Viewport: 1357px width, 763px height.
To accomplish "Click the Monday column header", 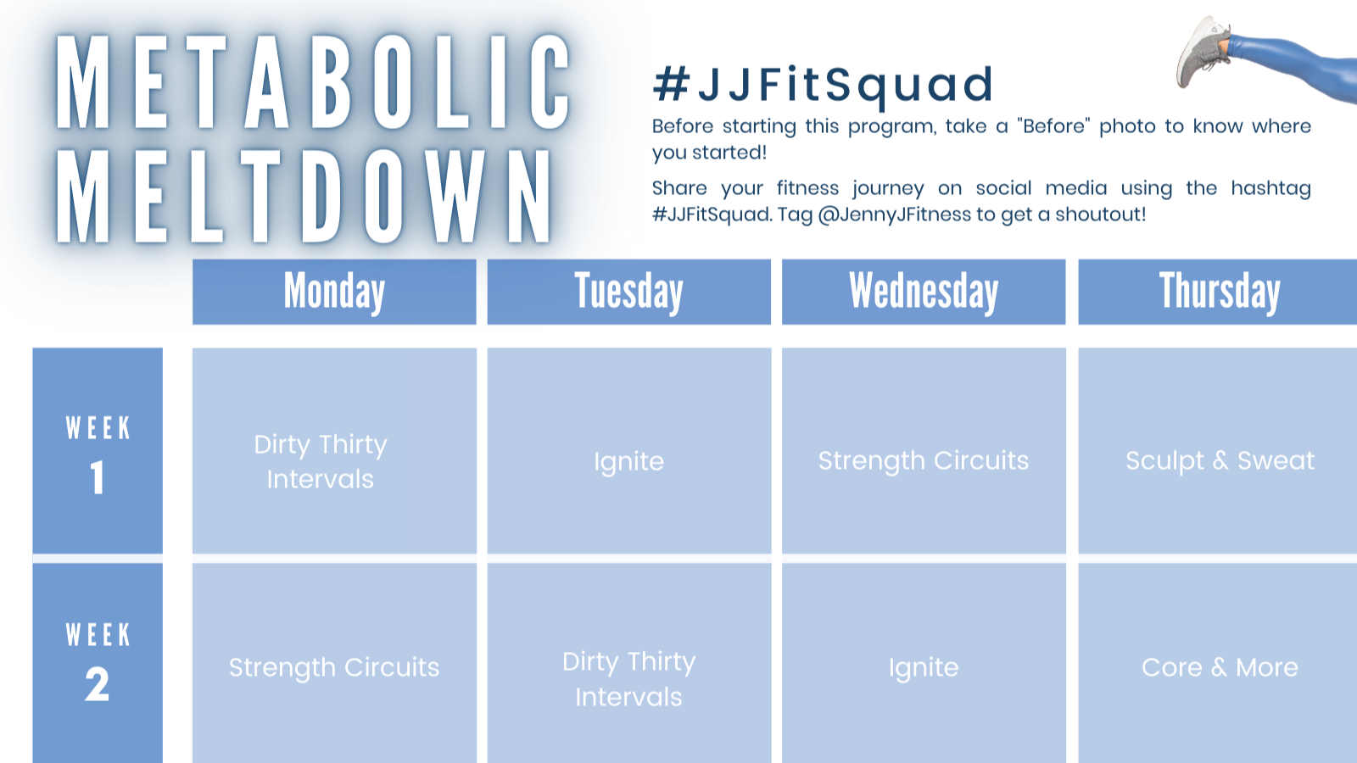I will coord(334,292).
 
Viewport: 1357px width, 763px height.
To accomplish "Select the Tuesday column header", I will coord(628,292).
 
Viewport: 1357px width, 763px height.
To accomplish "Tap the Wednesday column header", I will coord(924,292).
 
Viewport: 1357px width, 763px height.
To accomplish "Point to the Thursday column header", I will coord(1219,292).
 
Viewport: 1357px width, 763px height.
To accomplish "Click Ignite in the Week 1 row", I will coord(628,461).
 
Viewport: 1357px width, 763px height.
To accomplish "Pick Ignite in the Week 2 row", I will coord(924,667).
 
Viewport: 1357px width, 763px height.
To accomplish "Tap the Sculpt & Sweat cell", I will coord(1219,460).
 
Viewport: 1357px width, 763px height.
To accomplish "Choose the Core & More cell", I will coord(1219,667).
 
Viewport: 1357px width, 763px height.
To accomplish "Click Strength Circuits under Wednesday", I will coord(924,460).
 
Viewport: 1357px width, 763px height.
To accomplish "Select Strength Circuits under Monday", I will coord(334,667).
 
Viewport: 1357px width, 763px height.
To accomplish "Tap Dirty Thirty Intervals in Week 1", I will coord(321,461).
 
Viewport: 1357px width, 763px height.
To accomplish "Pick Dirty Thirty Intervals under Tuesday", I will coord(628,678).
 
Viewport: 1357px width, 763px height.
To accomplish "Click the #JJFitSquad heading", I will coord(823,84).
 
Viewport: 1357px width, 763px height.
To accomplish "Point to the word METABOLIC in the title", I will coord(312,83).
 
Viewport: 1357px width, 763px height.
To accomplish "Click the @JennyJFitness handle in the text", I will coord(894,214).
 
